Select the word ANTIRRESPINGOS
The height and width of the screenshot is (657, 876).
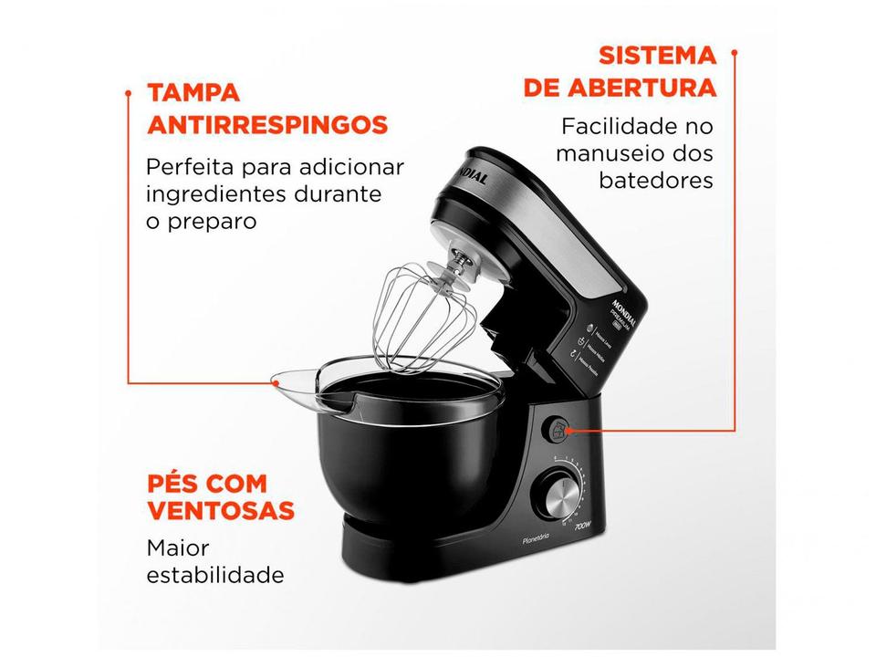[x=267, y=125]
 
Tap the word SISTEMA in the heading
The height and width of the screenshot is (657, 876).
[x=657, y=55]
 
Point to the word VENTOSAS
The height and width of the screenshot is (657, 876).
[x=221, y=510]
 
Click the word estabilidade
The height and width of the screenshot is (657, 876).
[x=215, y=576]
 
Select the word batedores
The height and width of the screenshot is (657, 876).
[x=656, y=180]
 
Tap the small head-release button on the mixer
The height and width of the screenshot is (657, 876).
[x=558, y=428]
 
